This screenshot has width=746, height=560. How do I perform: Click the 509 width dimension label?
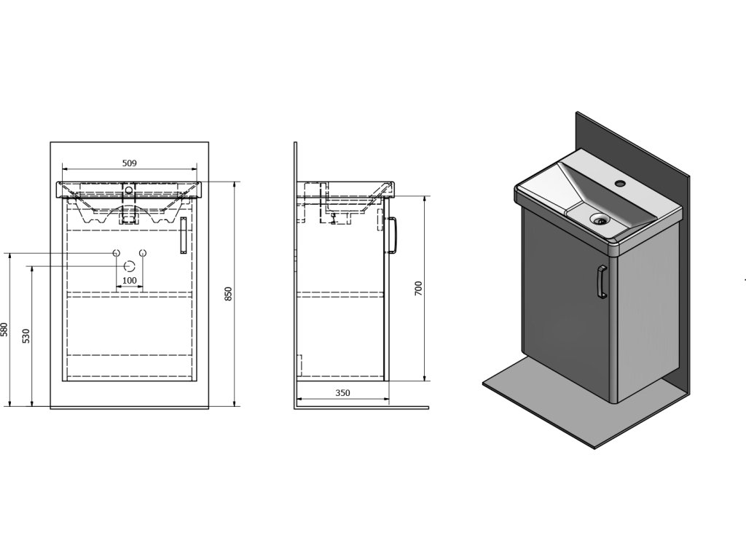tap(130, 163)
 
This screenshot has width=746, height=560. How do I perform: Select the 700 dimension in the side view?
tap(417, 288)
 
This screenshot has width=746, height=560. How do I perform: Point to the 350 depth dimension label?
tap(342, 393)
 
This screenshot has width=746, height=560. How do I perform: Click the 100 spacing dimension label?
tap(129, 280)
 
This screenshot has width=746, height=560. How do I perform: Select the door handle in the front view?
tap(183, 236)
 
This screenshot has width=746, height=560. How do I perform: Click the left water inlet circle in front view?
tap(116, 252)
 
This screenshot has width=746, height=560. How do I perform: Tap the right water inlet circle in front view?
tap(143, 252)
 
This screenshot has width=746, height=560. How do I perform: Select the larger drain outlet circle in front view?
tap(130, 265)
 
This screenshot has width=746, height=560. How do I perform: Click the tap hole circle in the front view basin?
tap(130, 190)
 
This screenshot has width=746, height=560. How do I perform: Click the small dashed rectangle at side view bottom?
tap(299, 364)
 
